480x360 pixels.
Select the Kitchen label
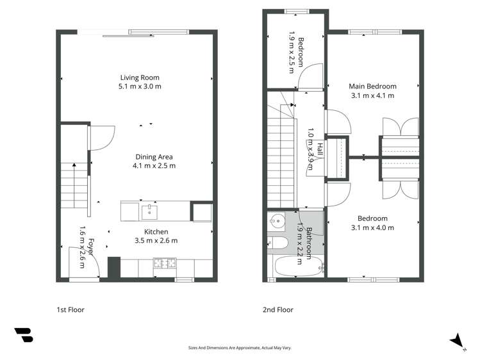click(x=156, y=232)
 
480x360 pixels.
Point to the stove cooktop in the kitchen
click(x=164, y=263)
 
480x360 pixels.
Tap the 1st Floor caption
click(x=70, y=310)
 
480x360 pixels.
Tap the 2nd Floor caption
click(x=278, y=310)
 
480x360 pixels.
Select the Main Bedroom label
click(x=372, y=86)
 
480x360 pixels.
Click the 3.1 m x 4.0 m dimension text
click(x=372, y=227)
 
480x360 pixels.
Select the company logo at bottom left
click(x=24, y=335)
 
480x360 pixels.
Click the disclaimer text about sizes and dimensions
click(x=239, y=348)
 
